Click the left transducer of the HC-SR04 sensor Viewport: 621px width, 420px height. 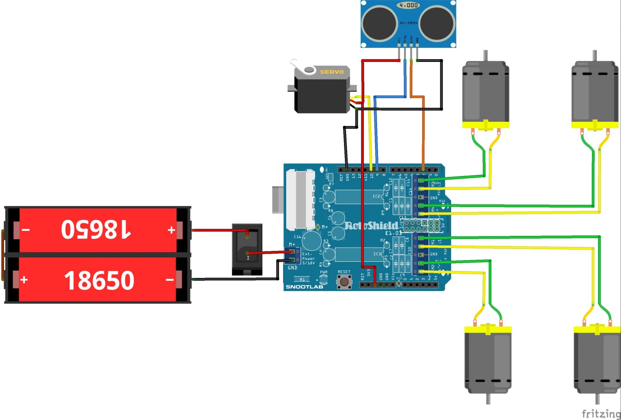click(x=379, y=23)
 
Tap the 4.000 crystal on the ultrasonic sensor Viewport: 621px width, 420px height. click(x=408, y=5)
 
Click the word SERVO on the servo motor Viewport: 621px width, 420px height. click(x=332, y=72)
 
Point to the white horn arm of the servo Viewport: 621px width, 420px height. click(x=300, y=66)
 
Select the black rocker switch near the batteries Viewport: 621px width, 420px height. click(x=247, y=248)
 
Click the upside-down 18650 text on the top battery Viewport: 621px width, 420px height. click(x=96, y=229)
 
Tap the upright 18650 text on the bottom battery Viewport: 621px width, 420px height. click(x=99, y=280)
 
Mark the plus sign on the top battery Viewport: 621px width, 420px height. click(x=171, y=230)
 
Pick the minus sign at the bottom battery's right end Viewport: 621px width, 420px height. click(x=170, y=280)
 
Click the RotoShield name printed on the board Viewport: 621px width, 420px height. click(x=371, y=225)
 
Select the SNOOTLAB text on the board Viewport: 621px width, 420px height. click(x=304, y=287)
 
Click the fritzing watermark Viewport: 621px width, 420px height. click(x=601, y=414)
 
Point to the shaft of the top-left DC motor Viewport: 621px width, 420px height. click(x=486, y=55)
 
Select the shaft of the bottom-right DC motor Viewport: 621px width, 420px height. click(x=598, y=399)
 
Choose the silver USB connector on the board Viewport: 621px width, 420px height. click(x=300, y=200)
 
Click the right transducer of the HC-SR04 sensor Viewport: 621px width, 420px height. click(x=437, y=23)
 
